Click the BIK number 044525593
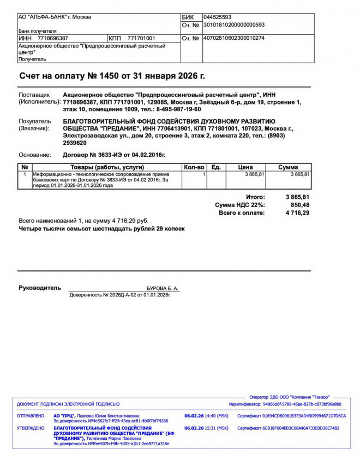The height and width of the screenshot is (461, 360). (217, 17)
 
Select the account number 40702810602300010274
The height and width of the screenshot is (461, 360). (234, 39)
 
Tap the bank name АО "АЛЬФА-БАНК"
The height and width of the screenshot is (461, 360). (43, 17)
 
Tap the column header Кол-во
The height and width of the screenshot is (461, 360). (194, 167)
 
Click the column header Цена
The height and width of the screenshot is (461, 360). (246, 167)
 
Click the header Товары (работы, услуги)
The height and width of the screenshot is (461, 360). (107, 167)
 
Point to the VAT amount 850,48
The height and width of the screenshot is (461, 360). (299, 205)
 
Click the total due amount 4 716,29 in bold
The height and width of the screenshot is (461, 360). (297, 213)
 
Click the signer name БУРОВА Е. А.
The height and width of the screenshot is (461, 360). (163, 288)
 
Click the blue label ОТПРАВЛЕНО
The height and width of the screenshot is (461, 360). (31, 416)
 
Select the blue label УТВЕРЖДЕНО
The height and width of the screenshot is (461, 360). (31, 428)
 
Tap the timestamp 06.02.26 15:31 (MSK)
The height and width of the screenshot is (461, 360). (206, 428)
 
